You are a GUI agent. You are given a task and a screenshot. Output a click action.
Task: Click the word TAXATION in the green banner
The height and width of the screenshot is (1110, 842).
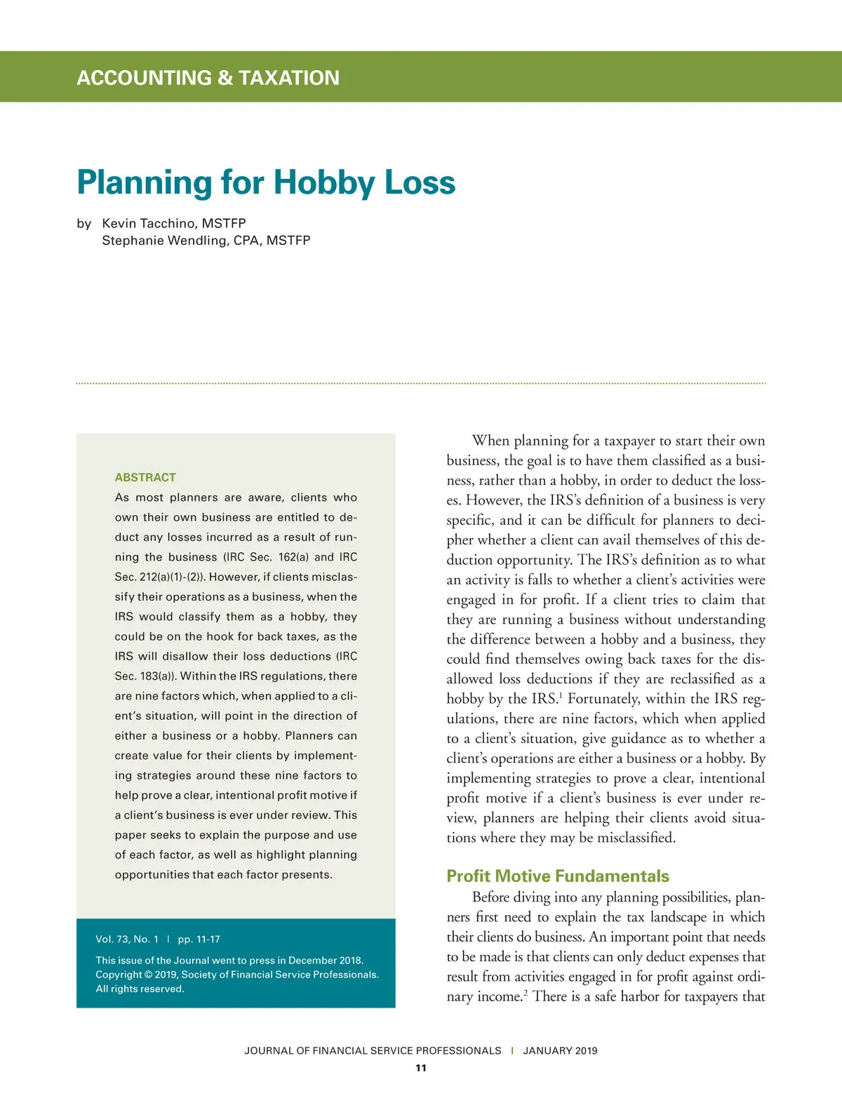pos(289,78)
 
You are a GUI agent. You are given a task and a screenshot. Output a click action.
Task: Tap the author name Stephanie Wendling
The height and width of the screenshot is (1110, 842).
pos(165,240)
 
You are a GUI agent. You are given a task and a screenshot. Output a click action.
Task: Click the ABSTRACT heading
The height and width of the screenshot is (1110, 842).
pos(145,477)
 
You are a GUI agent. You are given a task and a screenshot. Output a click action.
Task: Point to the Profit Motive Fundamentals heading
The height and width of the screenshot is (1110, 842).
pos(558,876)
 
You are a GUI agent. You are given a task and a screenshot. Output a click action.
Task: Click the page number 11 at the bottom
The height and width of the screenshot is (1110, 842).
pos(421,1068)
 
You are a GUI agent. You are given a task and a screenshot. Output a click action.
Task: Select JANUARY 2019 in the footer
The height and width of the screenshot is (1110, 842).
pos(560,1050)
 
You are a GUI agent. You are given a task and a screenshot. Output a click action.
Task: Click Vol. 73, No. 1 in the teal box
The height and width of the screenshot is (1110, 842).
pos(127,939)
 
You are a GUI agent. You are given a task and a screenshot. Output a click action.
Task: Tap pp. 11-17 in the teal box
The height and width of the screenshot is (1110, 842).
pos(199,939)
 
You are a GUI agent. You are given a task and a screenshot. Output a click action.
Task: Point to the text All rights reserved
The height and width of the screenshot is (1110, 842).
pos(140,989)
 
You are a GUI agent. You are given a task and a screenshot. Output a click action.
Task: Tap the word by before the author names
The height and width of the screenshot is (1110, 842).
pos(84,223)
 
